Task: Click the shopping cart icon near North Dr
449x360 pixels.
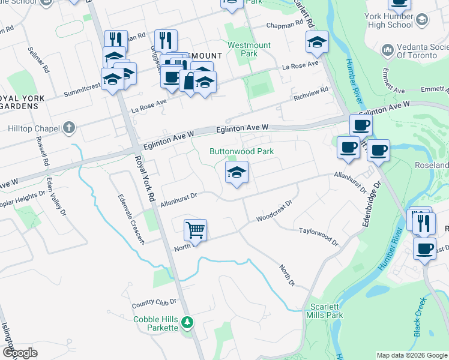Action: [x=196, y=230]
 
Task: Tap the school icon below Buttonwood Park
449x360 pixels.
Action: [x=237, y=173]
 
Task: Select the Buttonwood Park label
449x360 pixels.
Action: [x=241, y=151]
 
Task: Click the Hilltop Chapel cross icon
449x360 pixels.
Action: [x=70, y=127]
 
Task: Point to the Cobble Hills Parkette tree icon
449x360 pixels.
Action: [x=187, y=323]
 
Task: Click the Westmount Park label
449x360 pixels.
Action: [x=249, y=49]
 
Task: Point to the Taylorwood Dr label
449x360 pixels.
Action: [x=319, y=237]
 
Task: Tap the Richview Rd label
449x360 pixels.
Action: [x=311, y=94]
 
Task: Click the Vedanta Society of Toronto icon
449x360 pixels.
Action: [x=387, y=49]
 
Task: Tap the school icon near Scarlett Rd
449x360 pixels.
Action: [x=317, y=43]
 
